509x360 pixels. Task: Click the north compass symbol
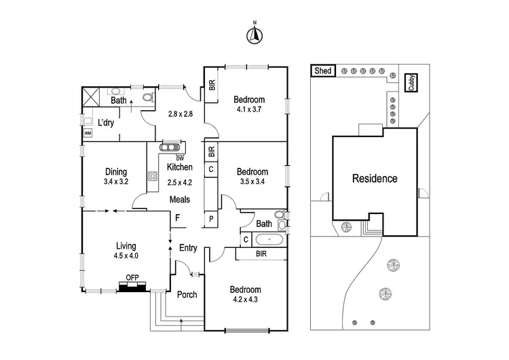(x=254, y=35)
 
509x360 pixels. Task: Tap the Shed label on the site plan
(x=323, y=71)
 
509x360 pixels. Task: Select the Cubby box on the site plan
(x=412, y=83)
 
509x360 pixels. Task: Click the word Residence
(x=375, y=179)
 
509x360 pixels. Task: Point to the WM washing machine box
(x=88, y=133)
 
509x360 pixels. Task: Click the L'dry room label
(x=106, y=122)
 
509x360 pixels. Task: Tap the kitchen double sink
(x=170, y=147)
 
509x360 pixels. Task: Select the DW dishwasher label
(x=180, y=158)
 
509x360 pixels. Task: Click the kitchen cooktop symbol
(x=153, y=176)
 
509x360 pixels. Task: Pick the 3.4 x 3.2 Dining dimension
(x=116, y=181)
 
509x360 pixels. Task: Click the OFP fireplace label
(x=132, y=278)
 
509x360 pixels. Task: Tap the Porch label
(x=187, y=295)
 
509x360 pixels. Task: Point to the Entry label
(x=188, y=248)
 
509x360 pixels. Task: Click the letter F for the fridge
(x=178, y=217)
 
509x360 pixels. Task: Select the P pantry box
(x=211, y=219)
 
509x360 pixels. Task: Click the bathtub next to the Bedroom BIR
(x=269, y=240)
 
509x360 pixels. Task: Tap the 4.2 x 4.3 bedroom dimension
(x=245, y=300)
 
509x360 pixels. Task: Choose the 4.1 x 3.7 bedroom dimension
(x=249, y=109)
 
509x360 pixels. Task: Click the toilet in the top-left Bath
(x=149, y=97)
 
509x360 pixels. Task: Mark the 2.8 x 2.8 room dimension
(x=180, y=114)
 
